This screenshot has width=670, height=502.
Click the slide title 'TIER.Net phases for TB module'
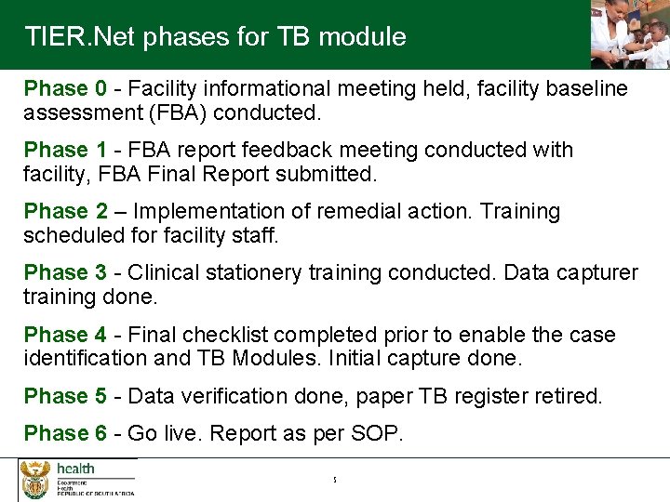(215, 37)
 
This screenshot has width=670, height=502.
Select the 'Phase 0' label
(65, 89)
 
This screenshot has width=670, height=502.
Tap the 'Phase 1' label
(65, 151)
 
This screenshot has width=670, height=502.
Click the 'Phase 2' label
(65, 212)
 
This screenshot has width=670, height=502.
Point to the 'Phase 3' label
(65, 273)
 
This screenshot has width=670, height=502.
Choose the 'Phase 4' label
(65, 335)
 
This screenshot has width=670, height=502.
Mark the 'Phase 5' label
(65, 397)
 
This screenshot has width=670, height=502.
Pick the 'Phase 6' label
(65, 434)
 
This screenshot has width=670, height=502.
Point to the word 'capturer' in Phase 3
(596, 273)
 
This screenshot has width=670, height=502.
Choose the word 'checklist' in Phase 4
(229, 335)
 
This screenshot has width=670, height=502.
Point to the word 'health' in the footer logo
(75, 469)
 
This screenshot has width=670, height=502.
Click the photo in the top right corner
(629, 34)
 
